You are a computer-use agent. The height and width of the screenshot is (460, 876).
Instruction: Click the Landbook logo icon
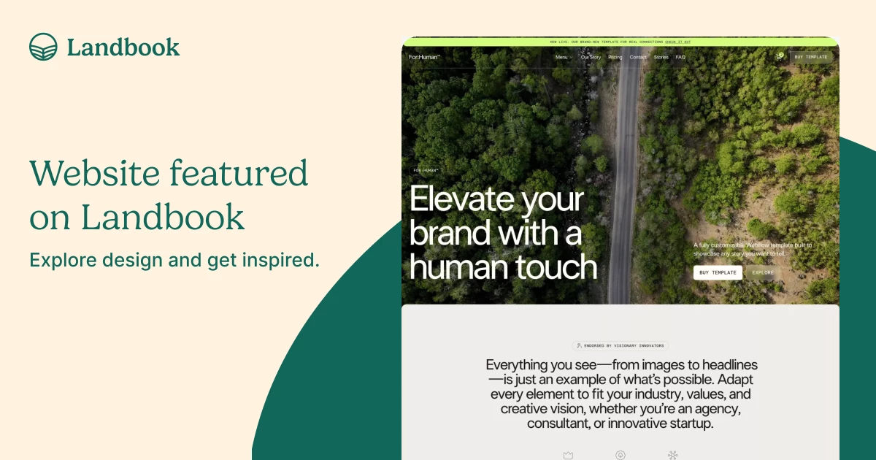pyautogui.click(x=43, y=47)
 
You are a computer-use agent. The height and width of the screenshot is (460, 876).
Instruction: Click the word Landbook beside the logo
pyautogui.click(x=123, y=47)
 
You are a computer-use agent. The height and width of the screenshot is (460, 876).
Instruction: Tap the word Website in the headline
pyautogui.click(x=95, y=174)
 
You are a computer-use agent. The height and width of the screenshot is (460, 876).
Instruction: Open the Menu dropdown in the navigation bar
pyautogui.click(x=563, y=57)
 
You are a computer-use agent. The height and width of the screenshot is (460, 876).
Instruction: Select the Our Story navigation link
pyautogui.click(x=591, y=57)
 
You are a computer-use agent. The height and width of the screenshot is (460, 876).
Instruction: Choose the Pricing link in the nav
pyautogui.click(x=615, y=57)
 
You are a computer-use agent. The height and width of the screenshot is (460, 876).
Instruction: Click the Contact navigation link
pyautogui.click(x=638, y=57)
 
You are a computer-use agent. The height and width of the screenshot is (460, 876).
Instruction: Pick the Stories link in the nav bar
pyautogui.click(x=661, y=57)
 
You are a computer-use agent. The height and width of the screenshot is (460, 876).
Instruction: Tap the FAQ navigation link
pyautogui.click(x=680, y=57)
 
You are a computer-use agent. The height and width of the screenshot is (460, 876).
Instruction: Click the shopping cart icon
pyautogui.click(x=779, y=57)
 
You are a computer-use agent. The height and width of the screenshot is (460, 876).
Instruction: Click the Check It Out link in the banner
pyautogui.click(x=677, y=42)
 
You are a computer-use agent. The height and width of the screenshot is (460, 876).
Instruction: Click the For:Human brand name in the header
pyautogui.click(x=424, y=57)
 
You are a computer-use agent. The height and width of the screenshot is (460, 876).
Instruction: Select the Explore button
pyautogui.click(x=763, y=272)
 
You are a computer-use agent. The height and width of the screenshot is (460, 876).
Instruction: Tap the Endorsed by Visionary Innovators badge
pyautogui.click(x=620, y=346)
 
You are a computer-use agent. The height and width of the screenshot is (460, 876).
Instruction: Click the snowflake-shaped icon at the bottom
pyautogui.click(x=672, y=455)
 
